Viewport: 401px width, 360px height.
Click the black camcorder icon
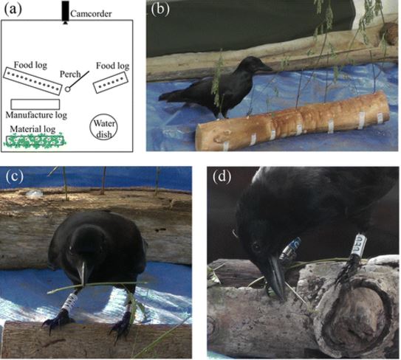[66, 13]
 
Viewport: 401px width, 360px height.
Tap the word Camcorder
[91, 14]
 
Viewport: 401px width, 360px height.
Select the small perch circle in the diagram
[67, 89]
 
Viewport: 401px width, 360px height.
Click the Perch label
[70, 74]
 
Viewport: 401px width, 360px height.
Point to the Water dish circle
[103, 127]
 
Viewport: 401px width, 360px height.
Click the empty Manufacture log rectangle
[35, 105]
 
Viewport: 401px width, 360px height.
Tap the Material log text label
[32, 129]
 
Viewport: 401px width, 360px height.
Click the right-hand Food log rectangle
[111, 83]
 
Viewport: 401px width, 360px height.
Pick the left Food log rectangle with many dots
[32, 81]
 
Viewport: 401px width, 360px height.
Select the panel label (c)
[14, 176]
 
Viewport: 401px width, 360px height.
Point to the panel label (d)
[222, 176]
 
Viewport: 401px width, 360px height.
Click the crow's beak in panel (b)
[264, 67]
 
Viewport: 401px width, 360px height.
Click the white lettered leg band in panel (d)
[359, 244]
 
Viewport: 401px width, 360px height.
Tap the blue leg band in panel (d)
[291, 249]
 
